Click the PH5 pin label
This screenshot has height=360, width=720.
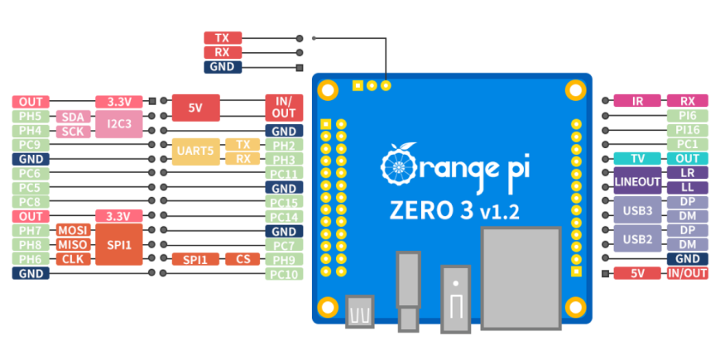tap(31, 117)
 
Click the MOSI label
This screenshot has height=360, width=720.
tap(74, 230)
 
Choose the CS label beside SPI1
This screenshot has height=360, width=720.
tap(242, 259)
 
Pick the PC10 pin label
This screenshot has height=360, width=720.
tap(283, 273)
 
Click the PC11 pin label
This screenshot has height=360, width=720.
tap(283, 173)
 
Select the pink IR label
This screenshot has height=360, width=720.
tap(637, 102)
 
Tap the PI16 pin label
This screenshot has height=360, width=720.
tap(688, 130)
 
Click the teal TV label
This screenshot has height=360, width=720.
tap(637, 159)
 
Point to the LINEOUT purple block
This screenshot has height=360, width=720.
tap(637, 180)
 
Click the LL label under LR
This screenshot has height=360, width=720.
tap(688, 187)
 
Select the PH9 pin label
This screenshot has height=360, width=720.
tap(283, 259)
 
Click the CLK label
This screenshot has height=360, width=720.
tap(74, 259)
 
